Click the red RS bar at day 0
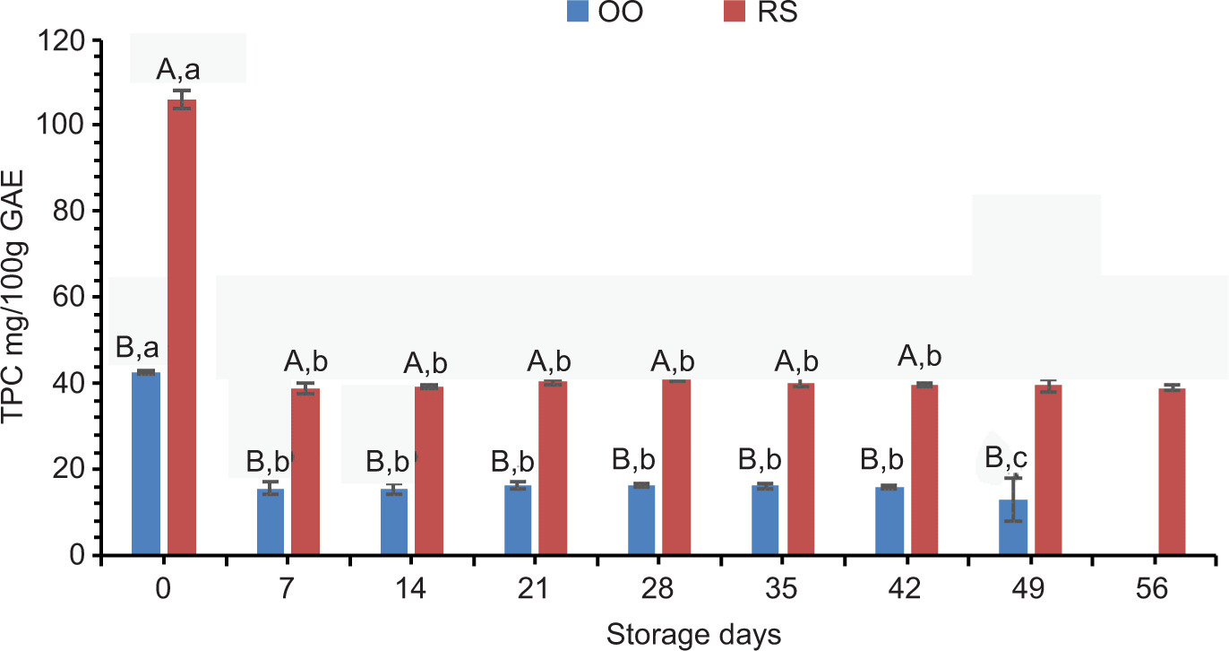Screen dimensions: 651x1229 (182, 327)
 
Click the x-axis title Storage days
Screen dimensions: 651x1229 (694, 635)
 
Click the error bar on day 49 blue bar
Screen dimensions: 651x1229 (1013, 499)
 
